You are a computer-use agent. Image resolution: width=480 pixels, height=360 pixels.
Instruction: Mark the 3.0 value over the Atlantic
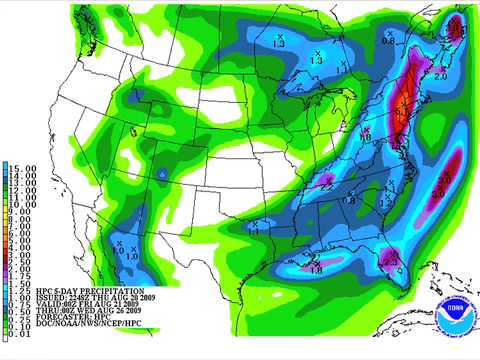tap(443, 178)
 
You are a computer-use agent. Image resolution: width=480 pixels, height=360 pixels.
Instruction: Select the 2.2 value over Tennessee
tap(326, 185)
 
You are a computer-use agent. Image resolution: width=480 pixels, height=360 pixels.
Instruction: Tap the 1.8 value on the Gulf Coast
tap(315, 268)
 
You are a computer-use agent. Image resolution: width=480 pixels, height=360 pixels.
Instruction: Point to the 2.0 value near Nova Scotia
tap(440, 74)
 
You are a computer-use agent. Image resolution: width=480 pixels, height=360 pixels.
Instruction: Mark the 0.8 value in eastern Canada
tap(388, 39)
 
